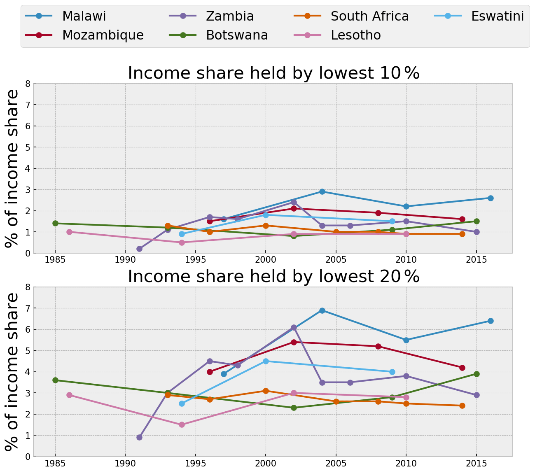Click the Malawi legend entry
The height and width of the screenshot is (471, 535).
coord(66,16)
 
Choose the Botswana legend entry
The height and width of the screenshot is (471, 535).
coord(218,35)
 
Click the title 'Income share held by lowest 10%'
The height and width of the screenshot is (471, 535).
coord(273,73)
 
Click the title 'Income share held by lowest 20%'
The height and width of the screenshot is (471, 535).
coord(273,277)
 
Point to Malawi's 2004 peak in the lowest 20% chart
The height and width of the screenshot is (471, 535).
coord(322,310)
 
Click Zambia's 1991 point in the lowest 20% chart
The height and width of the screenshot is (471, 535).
coord(139,437)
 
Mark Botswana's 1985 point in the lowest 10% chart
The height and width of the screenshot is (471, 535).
coord(55,223)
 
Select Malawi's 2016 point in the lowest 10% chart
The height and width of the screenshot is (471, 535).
coord(491,198)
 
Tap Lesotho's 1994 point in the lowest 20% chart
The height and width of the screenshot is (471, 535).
coord(182,424)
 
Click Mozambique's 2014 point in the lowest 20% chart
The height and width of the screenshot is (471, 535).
coord(462,368)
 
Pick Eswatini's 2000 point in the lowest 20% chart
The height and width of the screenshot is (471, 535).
coord(266,361)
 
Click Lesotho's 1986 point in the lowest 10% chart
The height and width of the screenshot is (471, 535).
coord(69,232)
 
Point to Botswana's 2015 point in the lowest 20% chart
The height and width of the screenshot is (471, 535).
coord(477,374)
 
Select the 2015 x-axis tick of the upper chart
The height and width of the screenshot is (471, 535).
coord(477,260)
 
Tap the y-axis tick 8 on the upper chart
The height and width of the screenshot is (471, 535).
coord(28,84)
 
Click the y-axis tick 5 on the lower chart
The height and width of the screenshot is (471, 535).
coord(28,351)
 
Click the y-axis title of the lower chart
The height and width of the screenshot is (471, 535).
coord(12,371)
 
